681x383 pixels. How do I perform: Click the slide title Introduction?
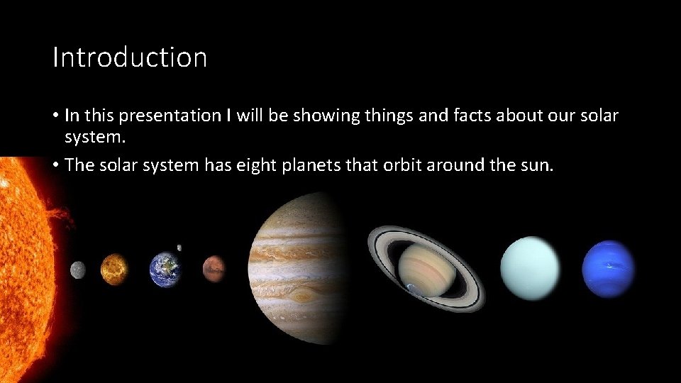pos(130,57)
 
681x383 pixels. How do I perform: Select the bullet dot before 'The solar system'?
pos(55,166)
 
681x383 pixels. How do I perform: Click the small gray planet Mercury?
pos(77,270)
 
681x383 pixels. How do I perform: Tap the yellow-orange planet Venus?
pos(113,269)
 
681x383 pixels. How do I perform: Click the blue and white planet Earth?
pos(165,270)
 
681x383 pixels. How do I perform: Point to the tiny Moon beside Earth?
pos(179,248)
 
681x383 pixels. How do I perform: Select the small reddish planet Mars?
pos(214,267)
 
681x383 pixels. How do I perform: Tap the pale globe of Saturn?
pos(425,270)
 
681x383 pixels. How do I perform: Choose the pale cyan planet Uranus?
pos(530,269)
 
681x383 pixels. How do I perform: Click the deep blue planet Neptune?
pos(608,269)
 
